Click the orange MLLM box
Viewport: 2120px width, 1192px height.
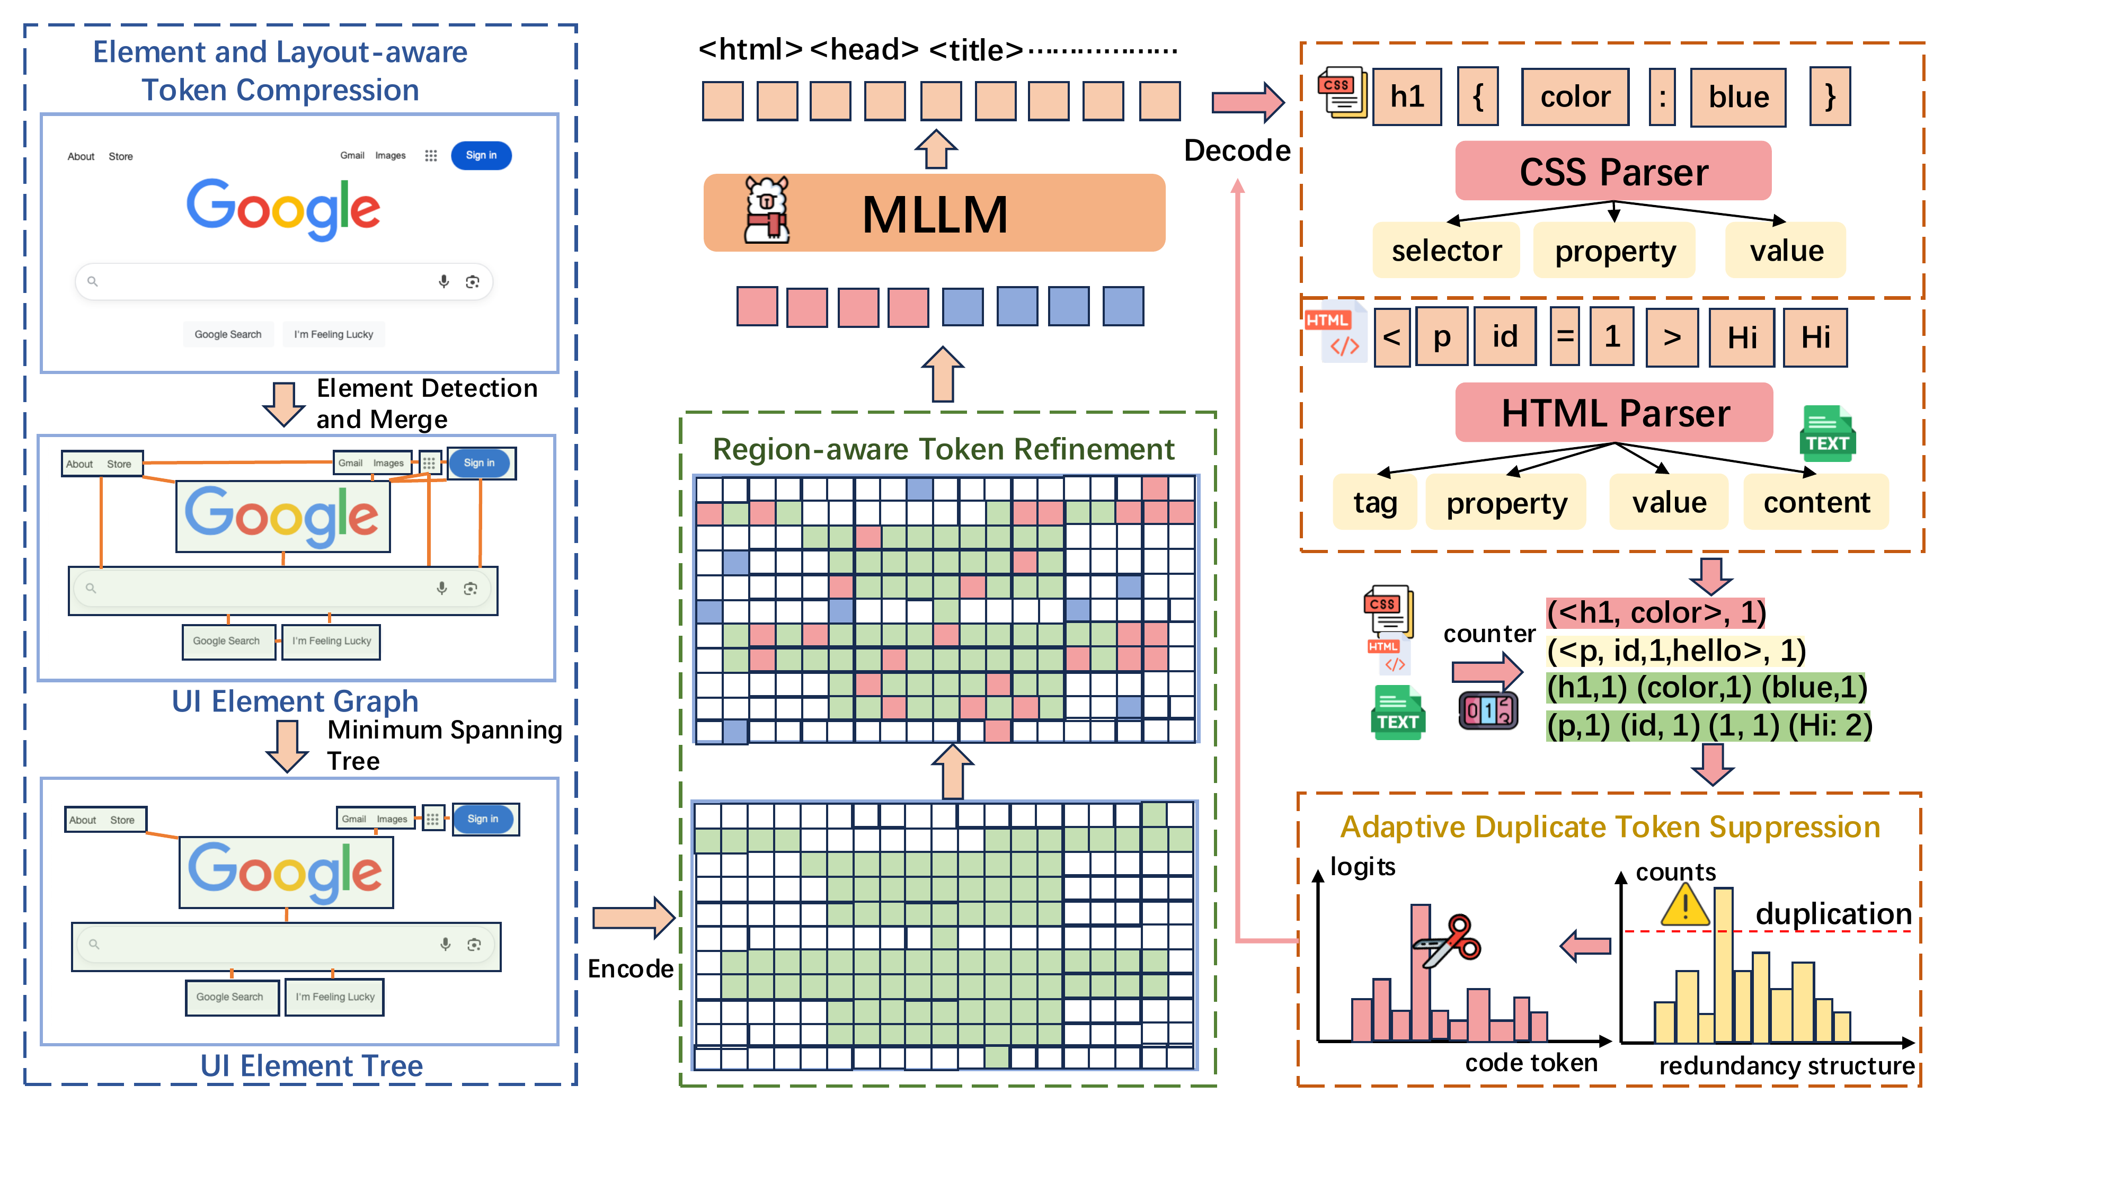[x=934, y=213]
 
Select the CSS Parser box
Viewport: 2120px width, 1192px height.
[x=1613, y=171]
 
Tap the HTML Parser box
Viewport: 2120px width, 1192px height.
[x=1614, y=413]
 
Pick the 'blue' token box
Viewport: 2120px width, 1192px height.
[x=1738, y=97]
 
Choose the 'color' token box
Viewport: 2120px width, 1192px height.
[x=1574, y=97]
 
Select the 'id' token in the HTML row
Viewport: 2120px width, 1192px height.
[x=1504, y=336]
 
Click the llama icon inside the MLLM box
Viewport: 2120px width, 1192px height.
[x=766, y=211]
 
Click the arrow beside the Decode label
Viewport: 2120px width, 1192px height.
[x=1248, y=103]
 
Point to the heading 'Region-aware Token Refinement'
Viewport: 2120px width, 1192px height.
[x=943, y=449]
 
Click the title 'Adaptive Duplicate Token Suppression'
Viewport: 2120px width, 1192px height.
[x=1610, y=828]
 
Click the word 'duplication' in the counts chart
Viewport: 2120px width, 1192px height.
[x=1833, y=914]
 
